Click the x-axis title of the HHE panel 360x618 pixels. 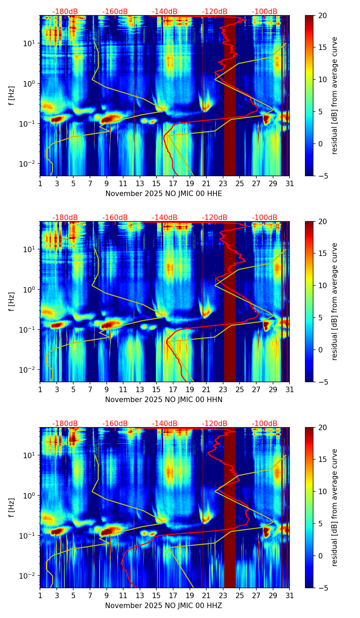pos(164,194)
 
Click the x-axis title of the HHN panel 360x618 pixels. pos(164,400)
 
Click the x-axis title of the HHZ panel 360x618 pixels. pos(164,606)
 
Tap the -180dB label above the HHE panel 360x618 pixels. pos(65,12)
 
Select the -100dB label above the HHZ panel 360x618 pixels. pos(265,424)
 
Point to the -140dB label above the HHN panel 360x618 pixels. pos(165,218)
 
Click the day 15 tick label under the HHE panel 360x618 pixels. pos(156,183)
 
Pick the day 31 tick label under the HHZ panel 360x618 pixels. pos(290,595)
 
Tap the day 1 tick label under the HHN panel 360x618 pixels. pos(40,389)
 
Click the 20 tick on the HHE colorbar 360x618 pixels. pos(322,15)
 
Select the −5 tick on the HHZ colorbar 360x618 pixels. pos(322,588)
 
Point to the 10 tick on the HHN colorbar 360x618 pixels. pos(322,285)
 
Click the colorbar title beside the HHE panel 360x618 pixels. pos(334,95)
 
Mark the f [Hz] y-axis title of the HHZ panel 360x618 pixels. pos(12,507)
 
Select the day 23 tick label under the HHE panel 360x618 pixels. pos(223,183)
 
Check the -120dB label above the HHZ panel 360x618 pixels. pos(215,424)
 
